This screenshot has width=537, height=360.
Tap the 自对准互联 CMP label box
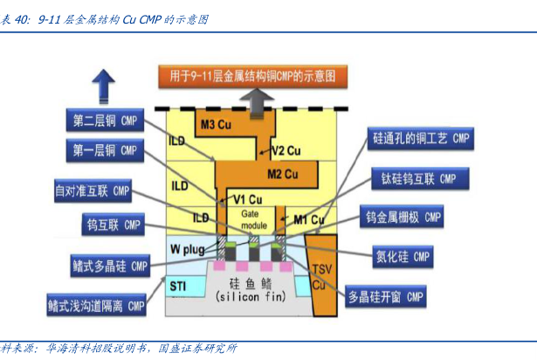tap(93, 190)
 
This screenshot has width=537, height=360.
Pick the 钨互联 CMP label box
tap(112, 225)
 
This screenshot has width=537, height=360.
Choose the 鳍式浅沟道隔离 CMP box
tap(96, 306)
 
